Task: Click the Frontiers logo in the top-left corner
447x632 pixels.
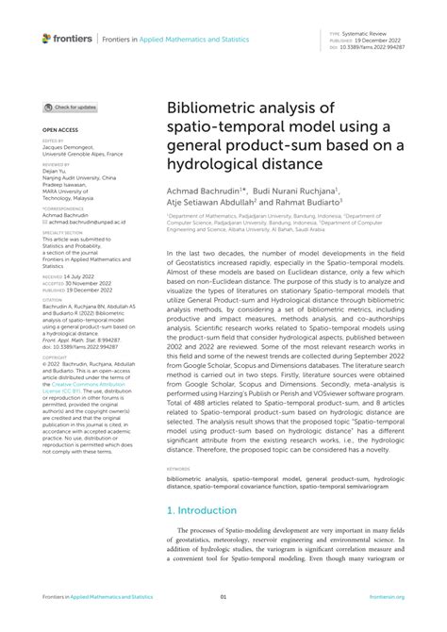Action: click(67, 39)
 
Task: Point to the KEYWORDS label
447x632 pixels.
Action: click(178, 468)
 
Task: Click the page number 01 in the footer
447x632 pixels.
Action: click(223, 597)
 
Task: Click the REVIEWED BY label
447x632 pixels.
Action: click(56, 164)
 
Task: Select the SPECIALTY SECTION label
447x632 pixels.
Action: click(62, 231)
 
